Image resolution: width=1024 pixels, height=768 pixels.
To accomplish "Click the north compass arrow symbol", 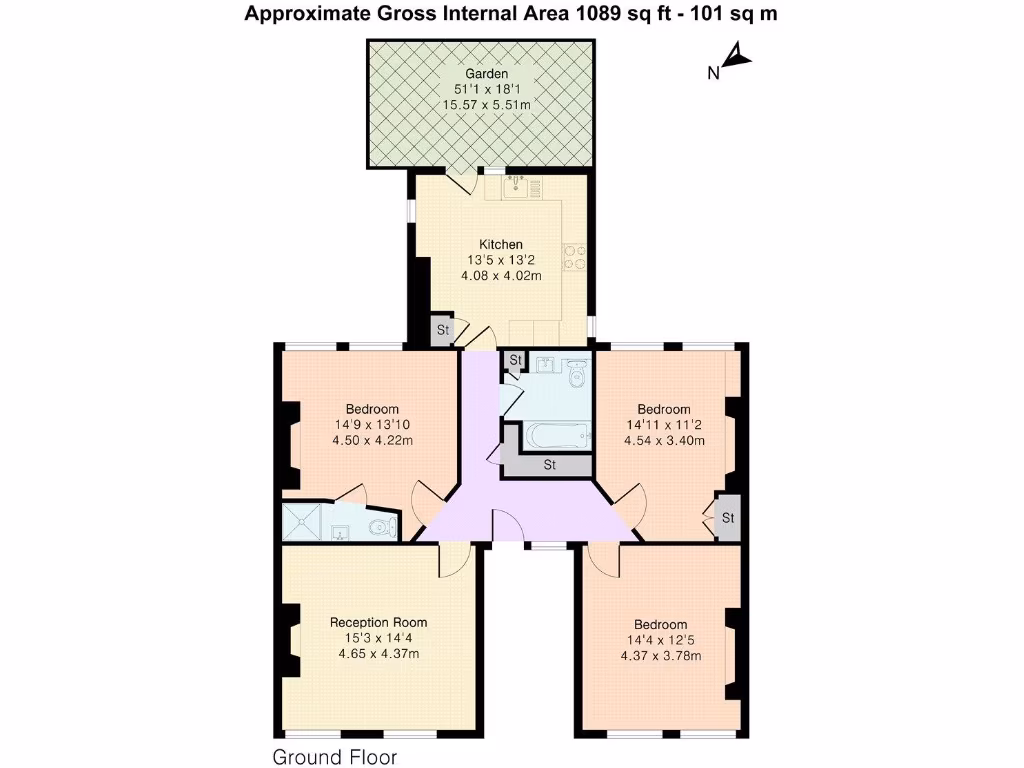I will (738, 57).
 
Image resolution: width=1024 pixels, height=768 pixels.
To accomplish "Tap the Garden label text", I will (486, 74).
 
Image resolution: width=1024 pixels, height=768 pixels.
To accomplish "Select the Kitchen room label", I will (500, 244).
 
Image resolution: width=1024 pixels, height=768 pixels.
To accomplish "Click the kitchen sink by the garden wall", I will (516, 183).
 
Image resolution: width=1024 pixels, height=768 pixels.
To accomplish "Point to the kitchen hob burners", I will (575, 257).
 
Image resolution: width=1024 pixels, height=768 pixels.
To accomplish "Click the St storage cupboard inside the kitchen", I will (441, 330).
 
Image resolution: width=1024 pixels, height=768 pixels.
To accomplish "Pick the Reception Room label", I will (379, 622).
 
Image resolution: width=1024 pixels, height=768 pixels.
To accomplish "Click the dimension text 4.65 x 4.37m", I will (379, 654).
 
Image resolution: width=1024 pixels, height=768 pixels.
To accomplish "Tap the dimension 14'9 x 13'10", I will (372, 424).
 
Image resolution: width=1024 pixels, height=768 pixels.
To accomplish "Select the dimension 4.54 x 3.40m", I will (664, 440).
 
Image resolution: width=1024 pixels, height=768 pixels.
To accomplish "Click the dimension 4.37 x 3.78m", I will (660, 656).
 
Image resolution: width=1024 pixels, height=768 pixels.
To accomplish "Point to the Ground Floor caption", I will (335, 757).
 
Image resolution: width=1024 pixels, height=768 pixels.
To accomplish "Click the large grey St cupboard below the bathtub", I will (549, 465).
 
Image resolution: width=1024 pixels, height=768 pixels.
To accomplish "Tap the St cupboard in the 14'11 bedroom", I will (728, 518).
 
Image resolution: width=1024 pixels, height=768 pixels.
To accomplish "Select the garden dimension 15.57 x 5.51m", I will (486, 105).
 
